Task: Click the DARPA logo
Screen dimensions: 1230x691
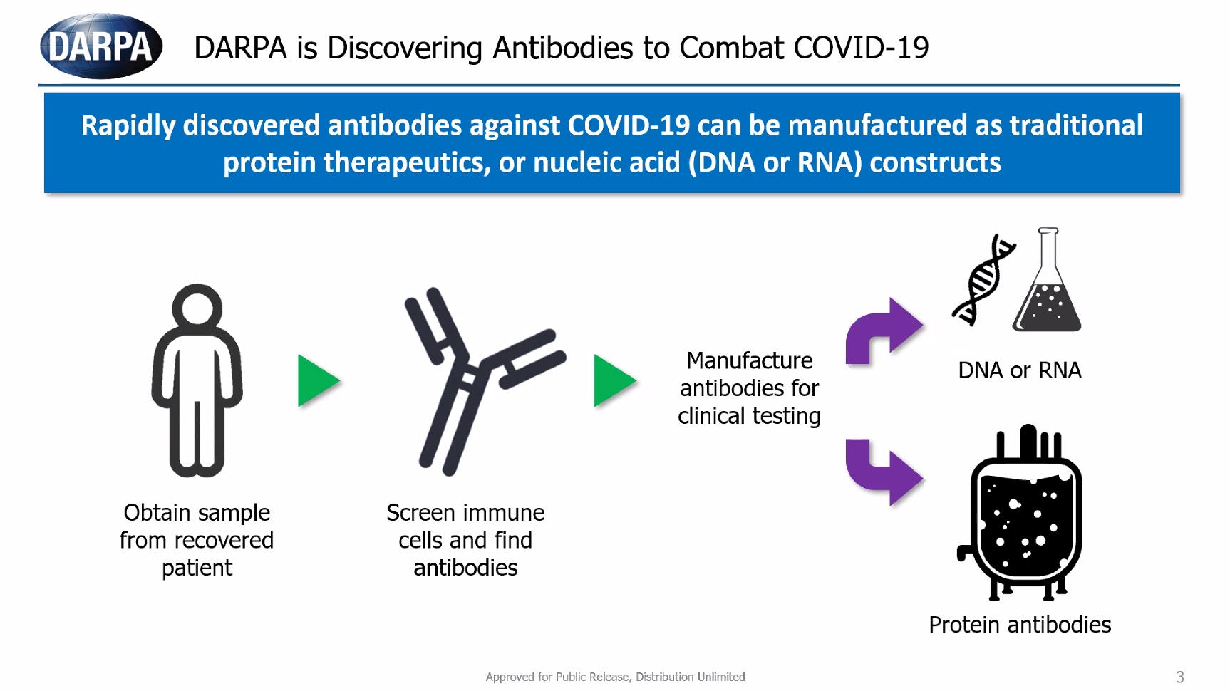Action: [101, 46]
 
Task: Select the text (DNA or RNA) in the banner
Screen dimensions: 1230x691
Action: [775, 163]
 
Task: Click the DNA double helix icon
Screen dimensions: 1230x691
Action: [983, 280]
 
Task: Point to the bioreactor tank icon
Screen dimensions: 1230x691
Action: [1020, 513]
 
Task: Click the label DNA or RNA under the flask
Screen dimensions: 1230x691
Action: [1020, 370]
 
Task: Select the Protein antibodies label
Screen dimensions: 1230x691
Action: [1020, 625]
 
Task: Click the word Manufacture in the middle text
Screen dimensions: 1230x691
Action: [749, 360]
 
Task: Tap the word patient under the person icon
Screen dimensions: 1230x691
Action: [197, 568]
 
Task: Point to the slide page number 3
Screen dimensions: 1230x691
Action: [1180, 677]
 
